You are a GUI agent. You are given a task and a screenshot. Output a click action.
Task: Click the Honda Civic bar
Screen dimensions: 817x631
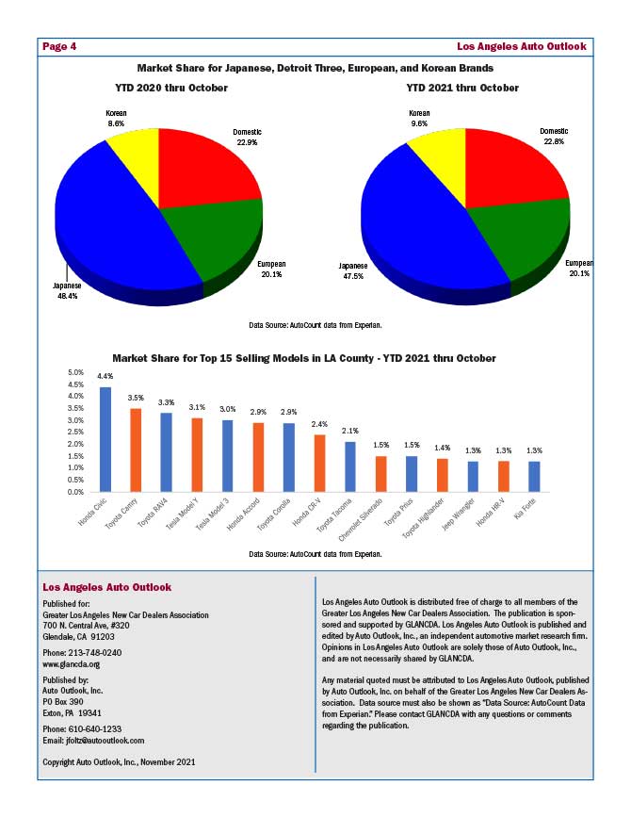105,439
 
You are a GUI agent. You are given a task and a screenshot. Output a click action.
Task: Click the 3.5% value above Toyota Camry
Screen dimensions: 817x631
136,399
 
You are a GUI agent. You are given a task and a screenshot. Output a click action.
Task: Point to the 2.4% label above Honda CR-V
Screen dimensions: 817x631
319,425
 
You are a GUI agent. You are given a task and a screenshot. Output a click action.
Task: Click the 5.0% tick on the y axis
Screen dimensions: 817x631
77,372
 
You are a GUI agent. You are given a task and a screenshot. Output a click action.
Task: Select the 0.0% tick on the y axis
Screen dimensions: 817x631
77,492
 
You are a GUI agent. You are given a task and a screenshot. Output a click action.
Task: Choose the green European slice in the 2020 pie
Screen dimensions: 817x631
212,236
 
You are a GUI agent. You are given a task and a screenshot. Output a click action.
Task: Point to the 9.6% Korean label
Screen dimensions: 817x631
419,123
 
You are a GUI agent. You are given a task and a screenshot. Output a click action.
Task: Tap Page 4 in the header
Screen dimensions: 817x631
59,45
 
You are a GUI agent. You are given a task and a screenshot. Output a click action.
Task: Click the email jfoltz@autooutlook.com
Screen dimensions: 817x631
110,741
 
